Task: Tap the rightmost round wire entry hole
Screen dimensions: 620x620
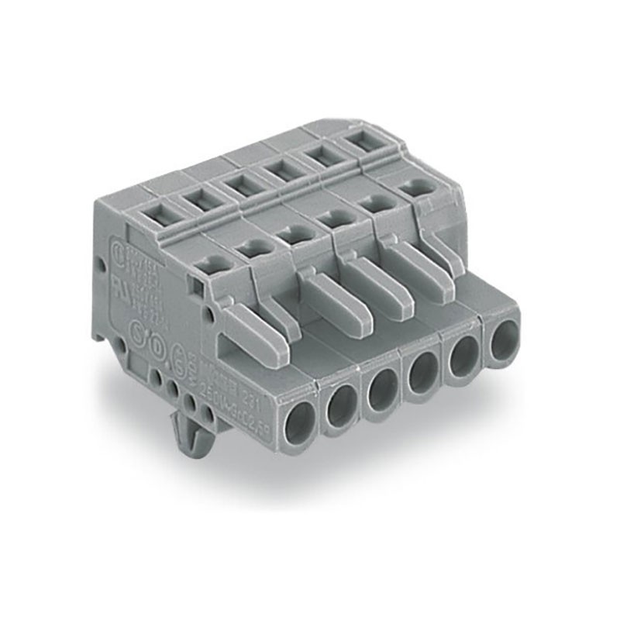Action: click(503, 339)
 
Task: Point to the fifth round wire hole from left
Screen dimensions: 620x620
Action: click(464, 356)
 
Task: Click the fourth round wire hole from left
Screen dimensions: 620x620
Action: click(423, 374)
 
